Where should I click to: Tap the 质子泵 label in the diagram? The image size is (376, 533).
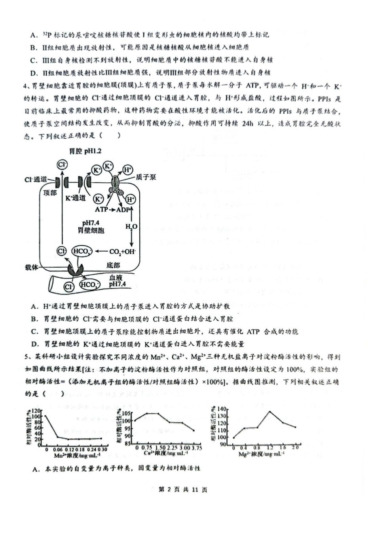(x=145, y=177)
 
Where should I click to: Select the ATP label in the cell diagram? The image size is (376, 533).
(x=101, y=209)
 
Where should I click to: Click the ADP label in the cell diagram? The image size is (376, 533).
(x=123, y=209)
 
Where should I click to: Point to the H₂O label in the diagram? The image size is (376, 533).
(x=131, y=226)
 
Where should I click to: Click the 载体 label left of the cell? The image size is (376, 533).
(x=31, y=267)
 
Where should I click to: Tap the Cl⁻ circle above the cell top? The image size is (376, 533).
(x=62, y=164)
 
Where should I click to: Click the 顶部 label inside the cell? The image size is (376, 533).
(x=50, y=193)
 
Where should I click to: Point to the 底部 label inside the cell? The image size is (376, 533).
(x=113, y=265)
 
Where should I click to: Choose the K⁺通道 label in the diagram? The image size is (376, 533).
(x=75, y=197)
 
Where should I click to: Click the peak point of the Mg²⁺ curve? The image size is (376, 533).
(x=270, y=411)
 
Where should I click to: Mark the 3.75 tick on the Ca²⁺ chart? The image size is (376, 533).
(x=196, y=447)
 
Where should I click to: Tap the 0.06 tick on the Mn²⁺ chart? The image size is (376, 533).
(x=58, y=450)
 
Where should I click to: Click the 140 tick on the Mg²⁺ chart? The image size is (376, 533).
(x=224, y=409)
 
